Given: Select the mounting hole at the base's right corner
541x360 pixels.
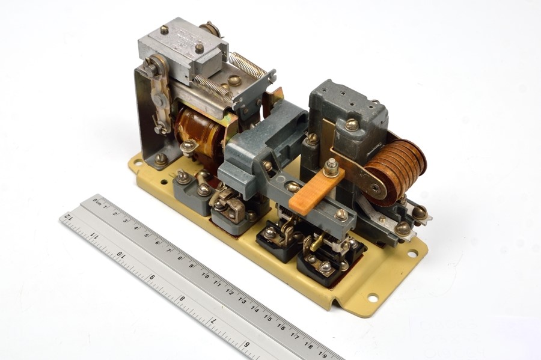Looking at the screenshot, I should [412, 254].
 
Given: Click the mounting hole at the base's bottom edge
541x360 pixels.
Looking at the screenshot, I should [371, 297].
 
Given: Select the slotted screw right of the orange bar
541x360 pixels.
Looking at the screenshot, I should [341, 213].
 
